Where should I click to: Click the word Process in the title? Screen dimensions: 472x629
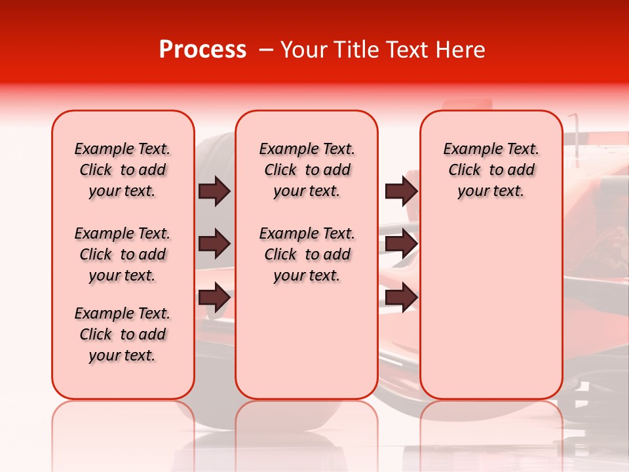(202, 50)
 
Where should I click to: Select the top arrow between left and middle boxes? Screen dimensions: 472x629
(214, 191)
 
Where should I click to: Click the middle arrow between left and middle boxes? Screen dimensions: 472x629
(214, 245)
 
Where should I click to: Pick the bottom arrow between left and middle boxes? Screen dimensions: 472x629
(214, 297)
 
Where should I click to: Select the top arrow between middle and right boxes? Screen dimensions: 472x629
(401, 191)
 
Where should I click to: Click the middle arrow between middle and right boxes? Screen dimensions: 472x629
(401, 245)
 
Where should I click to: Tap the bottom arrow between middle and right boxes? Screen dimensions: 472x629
(401, 297)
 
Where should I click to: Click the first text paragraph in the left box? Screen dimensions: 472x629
(123, 170)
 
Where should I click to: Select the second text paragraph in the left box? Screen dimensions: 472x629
(123, 254)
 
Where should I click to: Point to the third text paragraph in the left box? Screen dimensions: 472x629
(123, 334)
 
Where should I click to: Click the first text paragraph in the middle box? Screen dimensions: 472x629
(307, 170)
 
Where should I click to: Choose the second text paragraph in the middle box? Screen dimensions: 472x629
(307, 254)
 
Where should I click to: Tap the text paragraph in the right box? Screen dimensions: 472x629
(491, 170)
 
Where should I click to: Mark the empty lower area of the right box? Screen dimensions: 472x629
(491, 308)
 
